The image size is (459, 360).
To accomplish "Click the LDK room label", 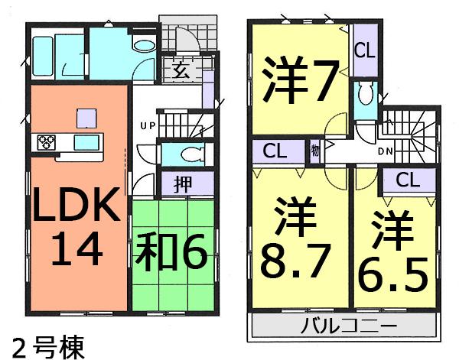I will coord(75,204).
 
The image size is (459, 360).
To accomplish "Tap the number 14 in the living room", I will coord(76,249).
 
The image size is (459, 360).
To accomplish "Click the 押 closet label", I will coord(183,184).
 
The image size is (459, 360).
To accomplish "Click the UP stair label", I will coord(147,125).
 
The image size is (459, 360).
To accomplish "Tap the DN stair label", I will coord(386,151).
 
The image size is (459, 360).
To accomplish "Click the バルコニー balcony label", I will coord(348,327).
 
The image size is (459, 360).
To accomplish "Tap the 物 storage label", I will coord(315,150).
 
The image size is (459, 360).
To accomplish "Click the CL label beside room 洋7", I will coord(364,52).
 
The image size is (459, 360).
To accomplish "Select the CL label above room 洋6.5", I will coord(407,180).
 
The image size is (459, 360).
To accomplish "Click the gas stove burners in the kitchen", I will coord(47,142).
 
